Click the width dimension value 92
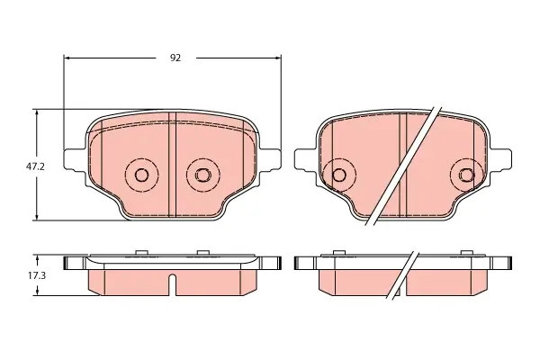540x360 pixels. click(x=175, y=58)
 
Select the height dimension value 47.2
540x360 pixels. click(x=35, y=167)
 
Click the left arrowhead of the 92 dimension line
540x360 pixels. click(x=67, y=58)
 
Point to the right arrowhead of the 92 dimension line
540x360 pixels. click(x=277, y=58)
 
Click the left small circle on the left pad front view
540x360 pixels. click(x=141, y=175)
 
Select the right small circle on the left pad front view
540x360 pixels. click(x=202, y=175)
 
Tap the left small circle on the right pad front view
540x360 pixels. click(x=339, y=175)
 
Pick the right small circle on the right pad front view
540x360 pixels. click(x=467, y=175)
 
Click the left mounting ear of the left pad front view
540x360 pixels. click(x=75, y=160)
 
